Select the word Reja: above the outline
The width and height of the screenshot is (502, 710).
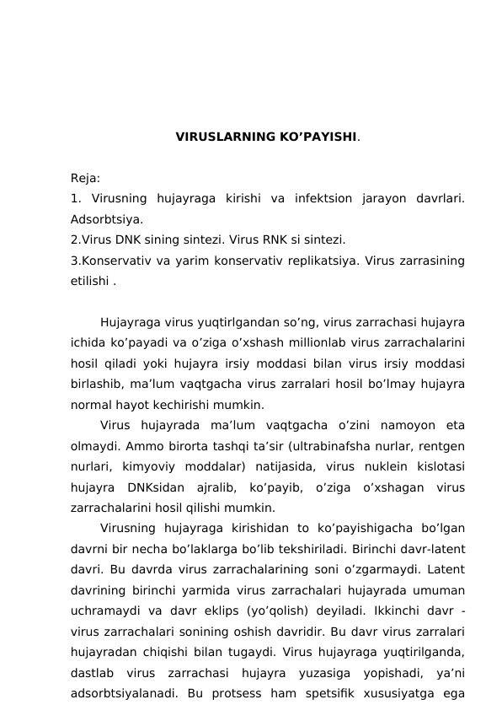point(85,179)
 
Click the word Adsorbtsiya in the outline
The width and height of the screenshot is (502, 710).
point(105,219)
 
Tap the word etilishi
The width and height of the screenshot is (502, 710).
point(89,281)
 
